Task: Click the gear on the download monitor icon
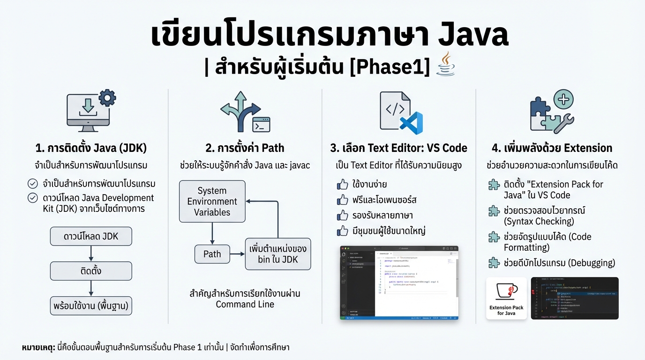[x=107, y=98]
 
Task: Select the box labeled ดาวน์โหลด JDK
[x=91, y=236]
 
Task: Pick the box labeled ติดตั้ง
[x=91, y=271]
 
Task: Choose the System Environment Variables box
[x=212, y=202]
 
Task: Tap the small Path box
[x=212, y=254]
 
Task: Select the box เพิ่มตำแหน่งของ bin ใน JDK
[x=277, y=254]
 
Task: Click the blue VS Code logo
[x=411, y=123]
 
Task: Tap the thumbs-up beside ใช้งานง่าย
[x=342, y=185]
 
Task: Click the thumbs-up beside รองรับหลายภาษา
[x=342, y=216]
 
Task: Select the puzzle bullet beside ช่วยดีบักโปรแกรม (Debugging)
[x=494, y=263]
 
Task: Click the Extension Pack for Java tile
[x=506, y=298]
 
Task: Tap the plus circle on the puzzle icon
[x=563, y=99]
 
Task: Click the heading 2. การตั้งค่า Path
[x=245, y=148]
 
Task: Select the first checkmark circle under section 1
[x=33, y=184]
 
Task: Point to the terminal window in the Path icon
[x=261, y=125]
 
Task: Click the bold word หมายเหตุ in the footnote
[x=38, y=347]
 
